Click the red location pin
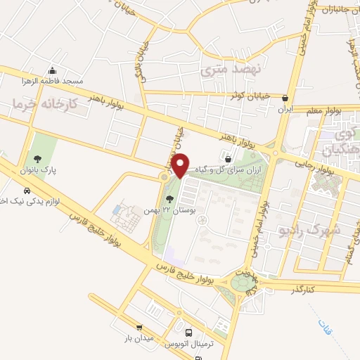pyautogui.click(x=181, y=165)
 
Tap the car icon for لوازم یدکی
pyautogui.click(x=27, y=191)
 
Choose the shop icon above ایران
pyautogui.click(x=285, y=98)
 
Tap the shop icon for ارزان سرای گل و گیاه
pyautogui.click(x=226, y=159)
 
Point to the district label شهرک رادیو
pyautogui.click(x=309, y=229)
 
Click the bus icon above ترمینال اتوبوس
pyautogui.click(x=188, y=333)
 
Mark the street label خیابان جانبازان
pyautogui.click(x=340, y=10)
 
